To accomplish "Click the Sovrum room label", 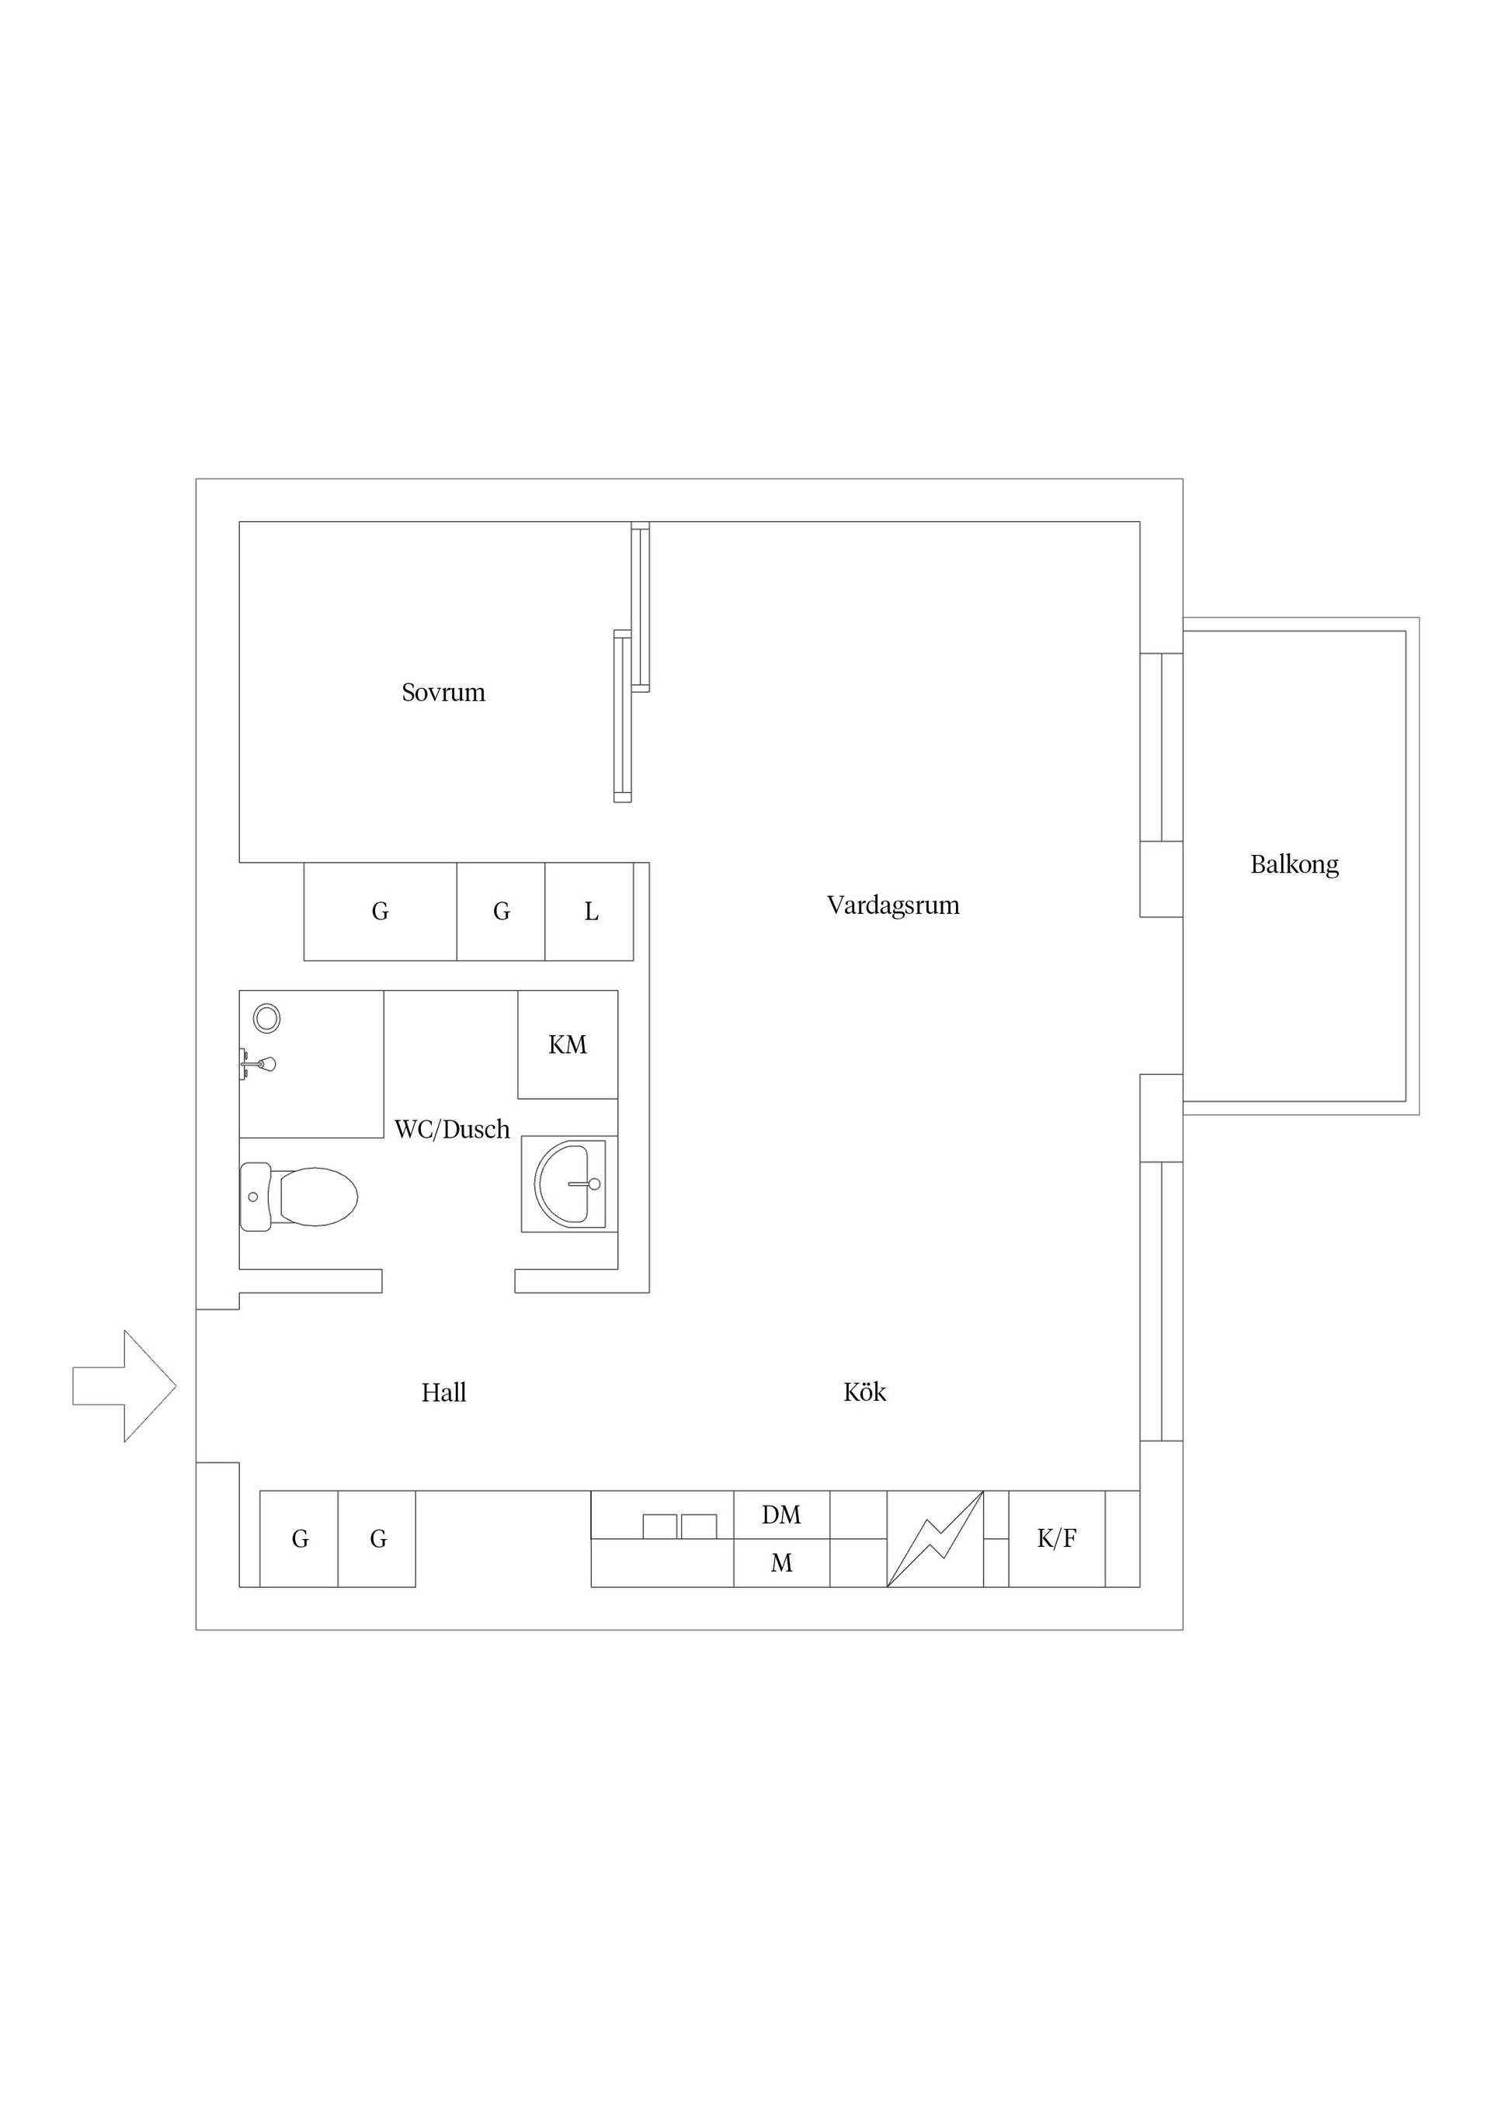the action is tap(443, 693).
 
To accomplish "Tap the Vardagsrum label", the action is tap(893, 905).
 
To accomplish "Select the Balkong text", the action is tap(1295, 864).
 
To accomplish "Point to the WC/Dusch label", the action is tap(452, 1129).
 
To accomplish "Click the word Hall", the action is tap(443, 1392).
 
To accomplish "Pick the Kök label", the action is tap(864, 1392).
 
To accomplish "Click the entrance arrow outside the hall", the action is tap(124, 1386).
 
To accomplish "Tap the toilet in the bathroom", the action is tap(298, 1196).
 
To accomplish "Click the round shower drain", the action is tap(266, 1018).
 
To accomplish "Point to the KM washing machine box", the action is tap(568, 1044).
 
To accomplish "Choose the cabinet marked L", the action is tap(589, 911).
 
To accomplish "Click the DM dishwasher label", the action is tap(781, 1515).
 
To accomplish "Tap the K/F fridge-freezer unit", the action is tap(1056, 1538).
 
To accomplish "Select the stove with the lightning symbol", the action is tap(935, 1538).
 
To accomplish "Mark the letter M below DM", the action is tap(782, 1562).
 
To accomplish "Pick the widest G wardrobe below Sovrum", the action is tap(381, 911).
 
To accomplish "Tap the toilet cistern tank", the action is tap(255, 1196).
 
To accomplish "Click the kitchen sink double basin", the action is tap(679, 1527).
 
